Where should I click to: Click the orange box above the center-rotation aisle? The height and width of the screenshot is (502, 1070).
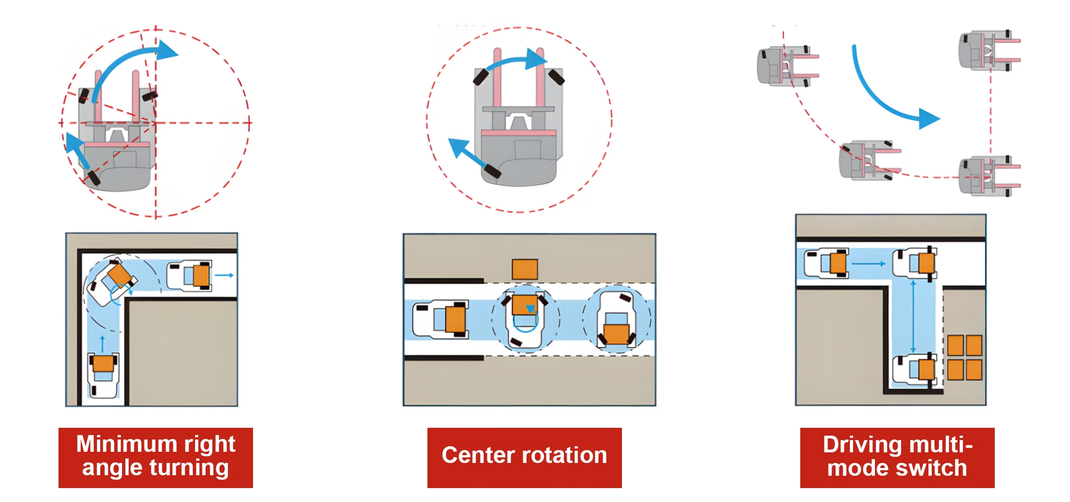524,269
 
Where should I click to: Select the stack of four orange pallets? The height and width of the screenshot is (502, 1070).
965,358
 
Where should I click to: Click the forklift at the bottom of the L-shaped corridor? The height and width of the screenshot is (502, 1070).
103,374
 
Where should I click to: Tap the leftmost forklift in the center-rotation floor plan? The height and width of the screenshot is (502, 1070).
440,320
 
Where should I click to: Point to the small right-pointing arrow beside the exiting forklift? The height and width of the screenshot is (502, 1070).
224,275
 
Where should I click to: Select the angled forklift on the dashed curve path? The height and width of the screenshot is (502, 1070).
868,160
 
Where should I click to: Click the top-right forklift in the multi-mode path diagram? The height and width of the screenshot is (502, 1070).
989,50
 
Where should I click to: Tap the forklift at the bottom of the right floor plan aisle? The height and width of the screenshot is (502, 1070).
915,370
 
